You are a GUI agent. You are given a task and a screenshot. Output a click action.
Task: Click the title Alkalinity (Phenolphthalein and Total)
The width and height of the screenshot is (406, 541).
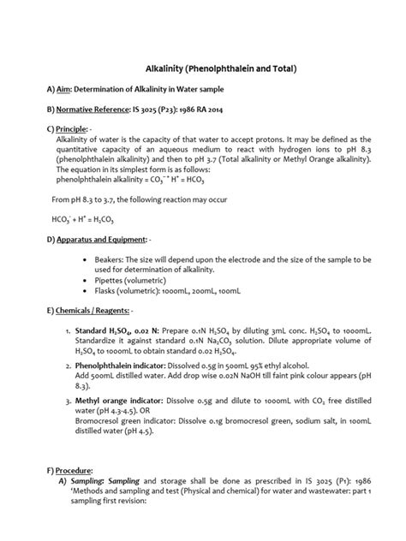pos(209,68)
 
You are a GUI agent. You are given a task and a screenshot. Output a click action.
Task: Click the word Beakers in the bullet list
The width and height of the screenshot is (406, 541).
pos(117,258)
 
